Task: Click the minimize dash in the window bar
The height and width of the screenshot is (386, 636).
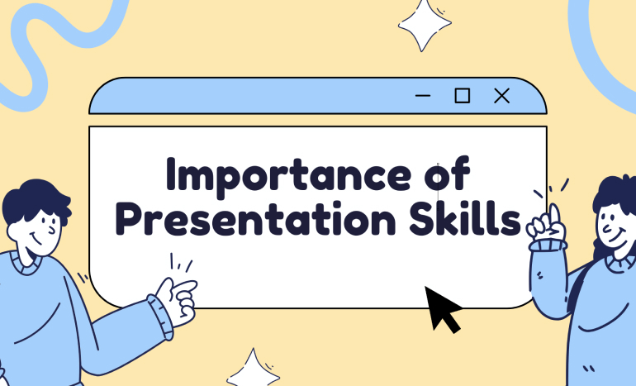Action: (423, 97)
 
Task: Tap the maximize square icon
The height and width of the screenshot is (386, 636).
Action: (463, 96)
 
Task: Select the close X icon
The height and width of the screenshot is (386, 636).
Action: (501, 96)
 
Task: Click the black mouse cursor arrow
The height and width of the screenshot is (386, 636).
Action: (443, 307)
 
